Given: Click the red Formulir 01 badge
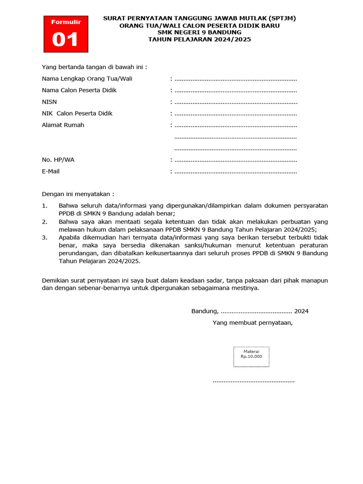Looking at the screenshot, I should pos(66,34).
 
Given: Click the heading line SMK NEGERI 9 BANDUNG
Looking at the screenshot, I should pos(199,32).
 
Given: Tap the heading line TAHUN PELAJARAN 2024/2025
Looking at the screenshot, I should pos(199,39).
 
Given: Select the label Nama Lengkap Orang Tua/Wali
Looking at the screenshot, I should pos(87,78).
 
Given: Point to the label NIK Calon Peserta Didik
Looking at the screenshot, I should pos(77,113).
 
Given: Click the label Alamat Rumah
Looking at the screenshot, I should pos(63,125).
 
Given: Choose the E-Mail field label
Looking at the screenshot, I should pos(51,172).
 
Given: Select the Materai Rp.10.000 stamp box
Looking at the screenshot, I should pos(251,357).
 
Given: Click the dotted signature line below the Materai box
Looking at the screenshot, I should pos(253,381).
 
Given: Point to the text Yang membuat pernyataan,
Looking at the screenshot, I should pos(253,323).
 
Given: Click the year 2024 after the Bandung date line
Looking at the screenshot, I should pos(301,311).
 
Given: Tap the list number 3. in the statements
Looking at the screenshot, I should pos(44,237).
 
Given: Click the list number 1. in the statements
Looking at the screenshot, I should pos(44,206).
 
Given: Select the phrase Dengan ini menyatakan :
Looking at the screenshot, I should pos(78,194).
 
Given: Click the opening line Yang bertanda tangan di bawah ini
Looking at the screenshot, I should pos(94,67).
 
